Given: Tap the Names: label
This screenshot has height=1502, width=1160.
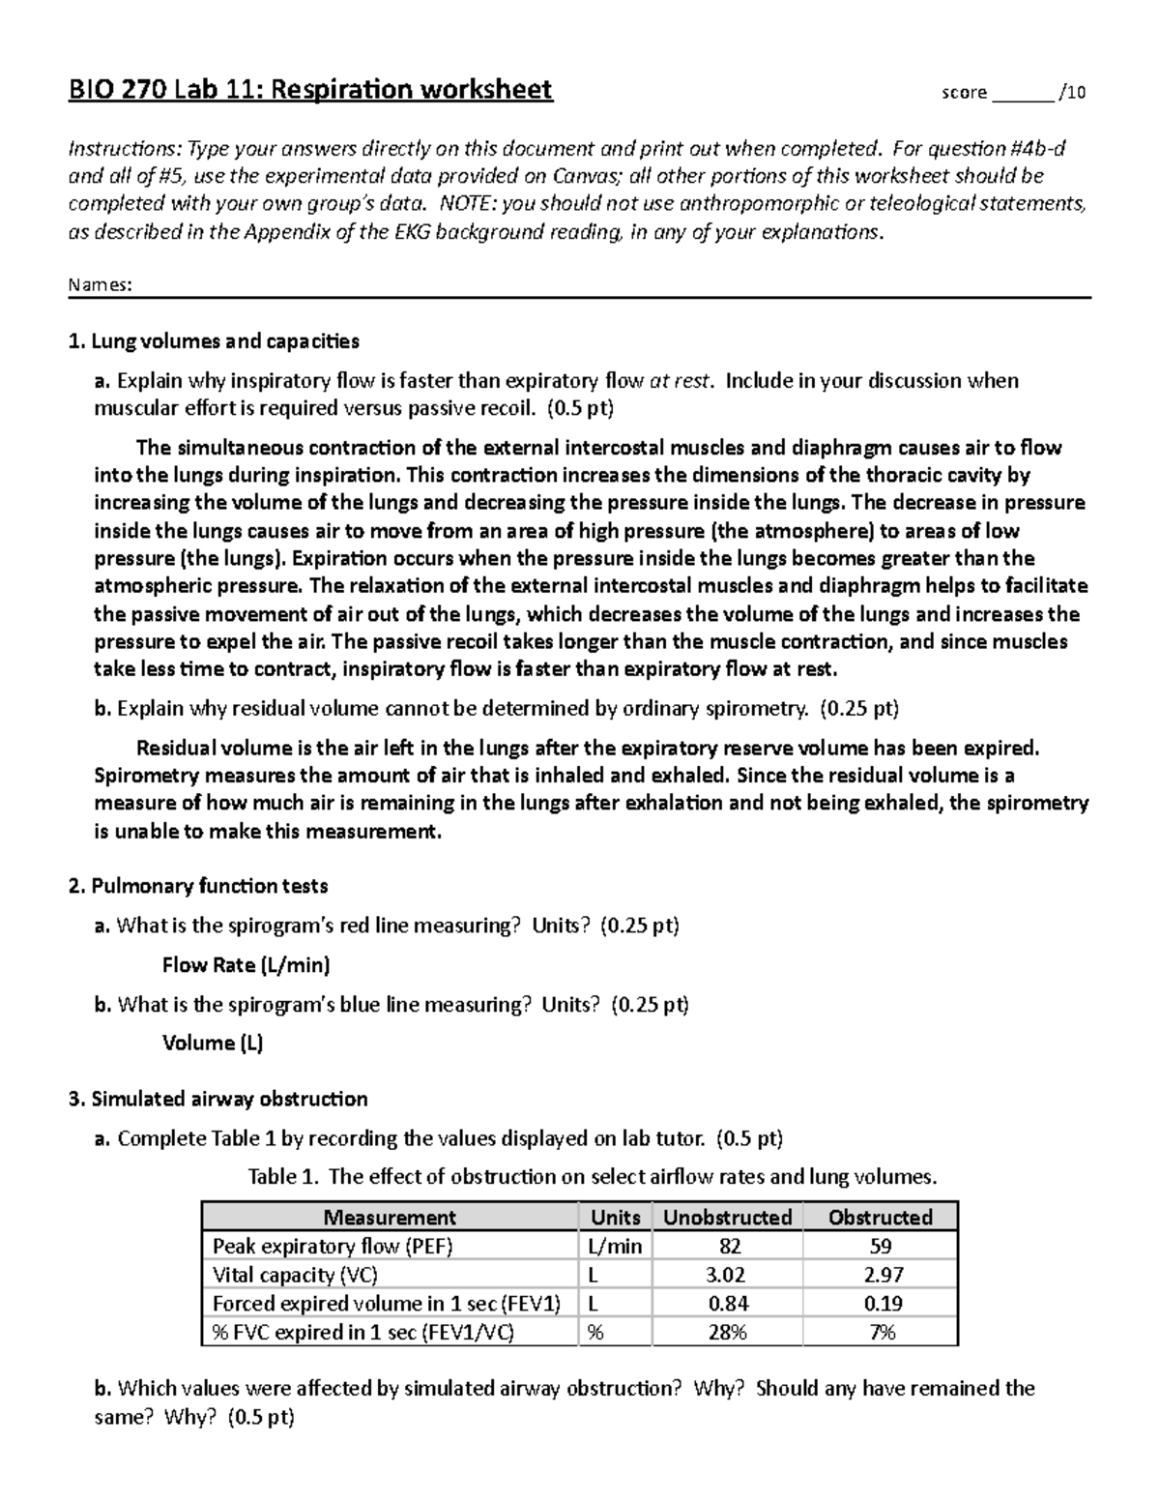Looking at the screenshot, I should click(x=100, y=285).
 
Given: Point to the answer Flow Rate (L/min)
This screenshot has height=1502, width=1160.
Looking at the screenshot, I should click(x=246, y=964).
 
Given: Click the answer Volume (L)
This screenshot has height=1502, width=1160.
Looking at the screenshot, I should click(x=213, y=1043).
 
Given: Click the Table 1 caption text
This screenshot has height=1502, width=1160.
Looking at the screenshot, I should click(x=593, y=1177).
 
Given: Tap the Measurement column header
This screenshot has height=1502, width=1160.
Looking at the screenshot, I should click(x=390, y=1217).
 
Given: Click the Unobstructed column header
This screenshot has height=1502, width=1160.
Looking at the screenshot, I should click(x=728, y=1217).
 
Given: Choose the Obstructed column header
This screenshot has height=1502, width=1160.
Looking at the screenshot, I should click(x=881, y=1217).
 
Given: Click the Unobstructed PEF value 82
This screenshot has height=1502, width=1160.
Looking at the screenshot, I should click(x=728, y=1246).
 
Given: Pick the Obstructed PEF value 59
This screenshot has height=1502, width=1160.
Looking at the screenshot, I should click(x=881, y=1246).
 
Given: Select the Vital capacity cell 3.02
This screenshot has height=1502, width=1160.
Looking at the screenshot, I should click(x=728, y=1275).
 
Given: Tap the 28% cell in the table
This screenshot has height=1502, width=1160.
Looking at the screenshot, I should click(x=728, y=1333).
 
